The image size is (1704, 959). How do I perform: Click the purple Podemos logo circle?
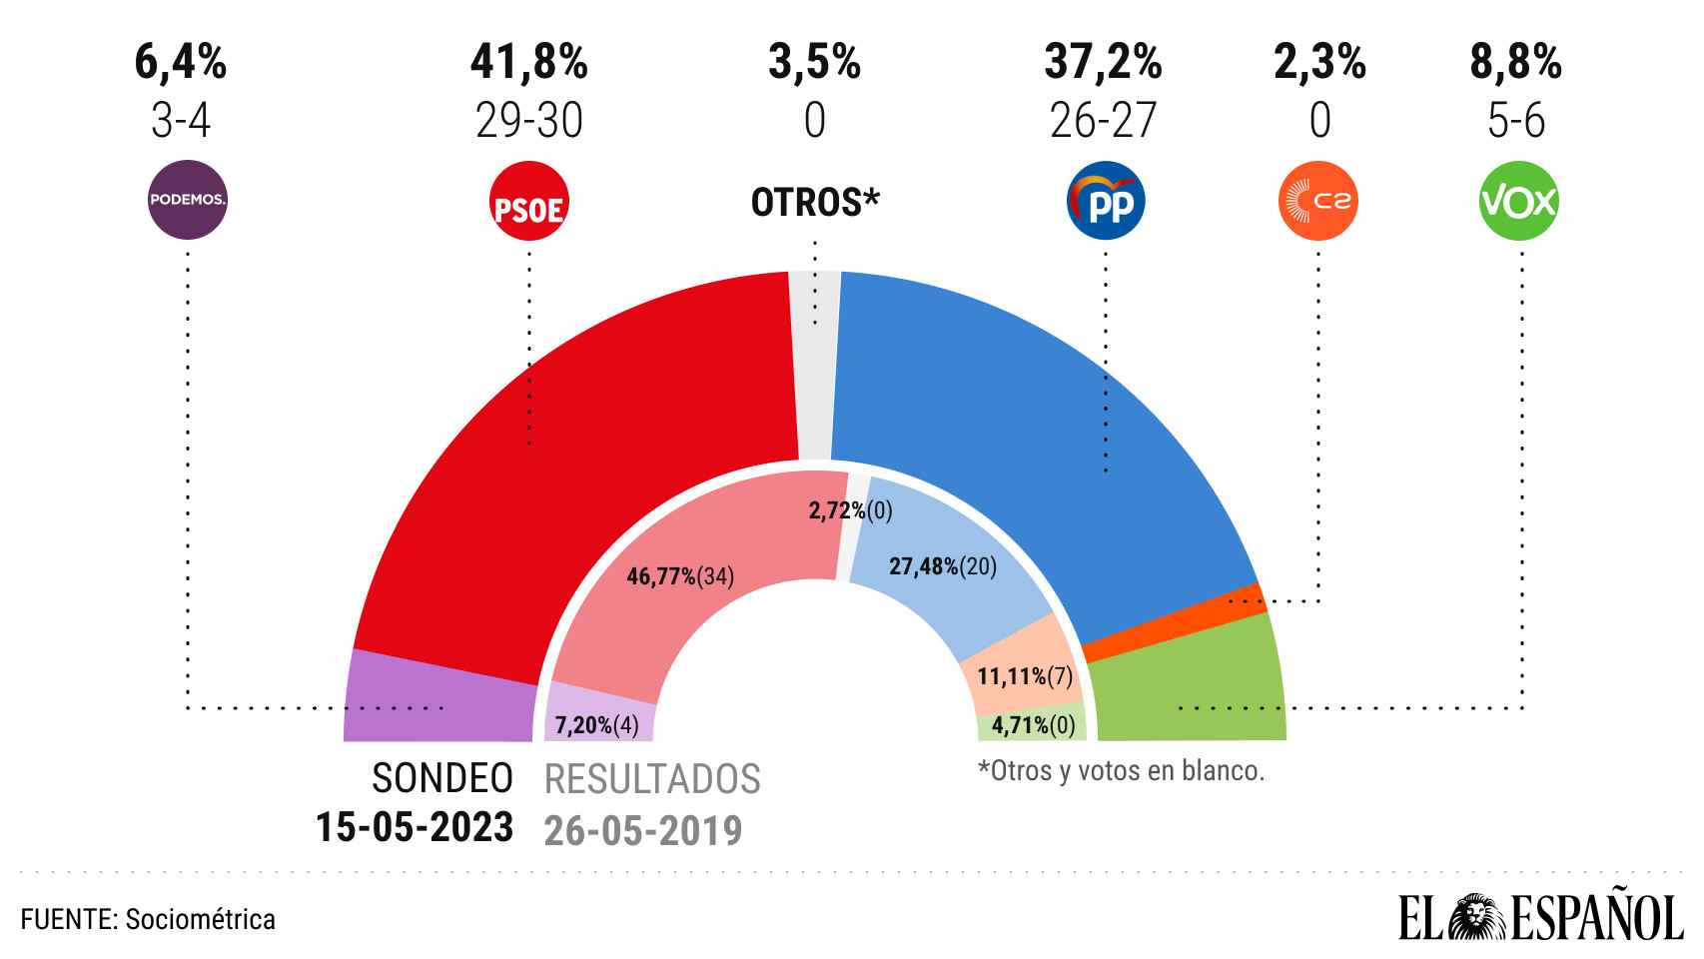pyautogui.click(x=188, y=200)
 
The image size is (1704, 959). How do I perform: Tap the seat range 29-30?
pyautogui.click(x=529, y=122)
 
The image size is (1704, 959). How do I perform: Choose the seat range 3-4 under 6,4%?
pyautogui.click(x=181, y=122)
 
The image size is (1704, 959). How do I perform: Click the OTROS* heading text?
pyautogui.click(x=815, y=203)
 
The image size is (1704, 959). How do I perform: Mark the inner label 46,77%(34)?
pyautogui.click(x=680, y=576)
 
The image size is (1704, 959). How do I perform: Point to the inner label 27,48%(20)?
pyautogui.click(x=942, y=566)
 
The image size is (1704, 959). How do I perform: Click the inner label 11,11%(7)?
pyautogui.click(x=1024, y=677)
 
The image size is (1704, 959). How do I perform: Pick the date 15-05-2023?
pyautogui.click(x=415, y=828)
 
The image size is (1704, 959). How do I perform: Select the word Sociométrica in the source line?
pyautogui.click(x=201, y=919)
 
